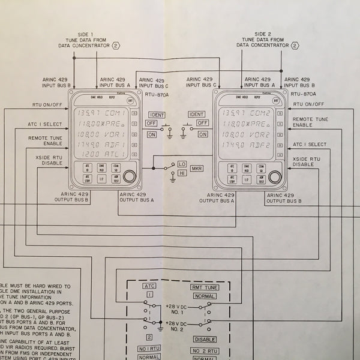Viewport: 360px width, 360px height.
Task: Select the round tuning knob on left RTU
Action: (x=130, y=176)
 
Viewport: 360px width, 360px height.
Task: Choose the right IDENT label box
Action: (x=196, y=114)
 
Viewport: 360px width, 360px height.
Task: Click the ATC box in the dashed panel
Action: (x=150, y=287)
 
